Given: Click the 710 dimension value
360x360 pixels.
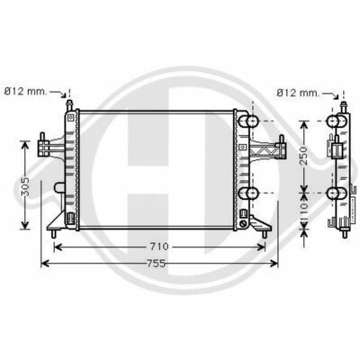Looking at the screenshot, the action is point(159,247).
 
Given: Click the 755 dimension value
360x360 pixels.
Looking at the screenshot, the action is point(157,264).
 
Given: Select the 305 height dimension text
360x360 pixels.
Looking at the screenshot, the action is point(25,186).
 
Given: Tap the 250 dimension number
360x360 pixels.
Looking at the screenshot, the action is point(304,156).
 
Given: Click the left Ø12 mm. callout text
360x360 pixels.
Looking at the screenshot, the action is point(26,91).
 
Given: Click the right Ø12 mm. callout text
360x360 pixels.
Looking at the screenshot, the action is point(298,93).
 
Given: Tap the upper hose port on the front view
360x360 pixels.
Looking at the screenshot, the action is point(248,121).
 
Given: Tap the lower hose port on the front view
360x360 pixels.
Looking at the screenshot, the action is point(248,193).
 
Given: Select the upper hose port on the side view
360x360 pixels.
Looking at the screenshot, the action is point(337,121).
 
